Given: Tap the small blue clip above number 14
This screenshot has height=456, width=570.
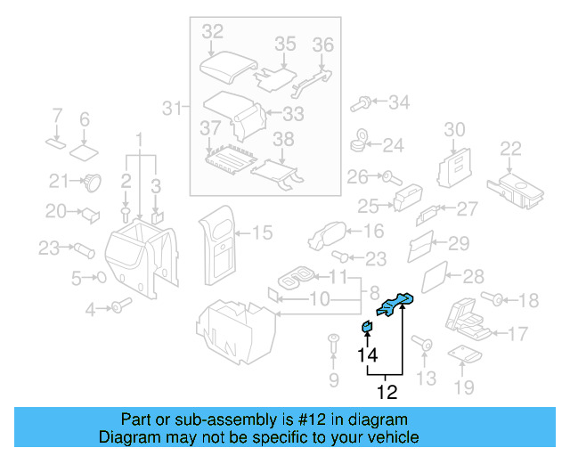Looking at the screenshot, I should pyautogui.click(x=366, y=327).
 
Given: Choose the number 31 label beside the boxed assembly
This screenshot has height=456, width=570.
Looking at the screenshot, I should pyautogui.click(x=172, y=109).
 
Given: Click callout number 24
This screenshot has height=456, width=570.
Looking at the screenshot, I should pyautogui.click(x=394, y=143).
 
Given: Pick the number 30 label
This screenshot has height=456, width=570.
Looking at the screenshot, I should pyautogui.click(x=454, y=130).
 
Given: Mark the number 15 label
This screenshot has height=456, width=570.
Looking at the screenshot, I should pyautogui.click(x=261, y=233).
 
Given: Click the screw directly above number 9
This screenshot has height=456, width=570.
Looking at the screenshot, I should pyautogui.click(x=334, y=341).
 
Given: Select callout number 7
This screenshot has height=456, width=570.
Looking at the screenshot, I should pyautogui.click(x=57, y=116).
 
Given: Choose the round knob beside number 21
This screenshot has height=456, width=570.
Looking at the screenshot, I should pyautogui.click(x=91, y=183).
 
